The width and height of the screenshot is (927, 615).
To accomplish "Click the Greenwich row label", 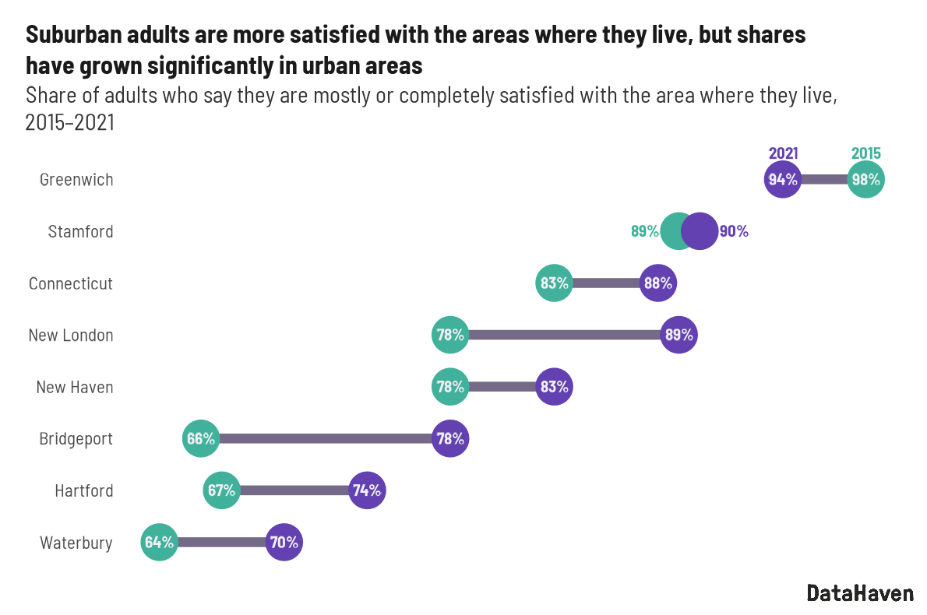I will tap(76, 180).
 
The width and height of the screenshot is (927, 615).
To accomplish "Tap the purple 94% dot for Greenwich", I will tap(783, 180).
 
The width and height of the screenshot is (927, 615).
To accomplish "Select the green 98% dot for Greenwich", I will tap(865, 180).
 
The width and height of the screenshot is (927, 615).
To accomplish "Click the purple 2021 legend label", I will tap(783, 154).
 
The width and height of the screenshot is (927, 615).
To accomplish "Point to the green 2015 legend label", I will tap(865, 154).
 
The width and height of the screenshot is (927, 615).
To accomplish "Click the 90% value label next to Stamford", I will tap(734, 231).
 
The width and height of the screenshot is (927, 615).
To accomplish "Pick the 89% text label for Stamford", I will tap(644, 231).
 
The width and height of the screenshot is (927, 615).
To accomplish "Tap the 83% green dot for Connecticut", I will tap(554, 283).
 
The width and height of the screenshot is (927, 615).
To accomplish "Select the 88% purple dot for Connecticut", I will tap(657, 283).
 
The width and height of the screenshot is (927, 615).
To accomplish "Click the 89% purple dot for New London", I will tap(679, 335).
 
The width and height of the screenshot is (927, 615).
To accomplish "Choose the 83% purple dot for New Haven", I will tap(554, 387).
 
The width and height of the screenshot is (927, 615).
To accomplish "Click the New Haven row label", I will tap(75, 387).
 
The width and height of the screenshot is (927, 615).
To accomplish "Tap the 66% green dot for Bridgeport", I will tap(200, 439).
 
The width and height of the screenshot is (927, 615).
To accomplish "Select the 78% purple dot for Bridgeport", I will tap(450, 439).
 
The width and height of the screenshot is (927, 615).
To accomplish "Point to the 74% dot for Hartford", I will tap(367, 490).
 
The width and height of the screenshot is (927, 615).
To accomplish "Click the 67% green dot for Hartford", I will tap(221, 490).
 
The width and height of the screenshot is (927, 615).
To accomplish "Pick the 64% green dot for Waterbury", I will tap(159, 543).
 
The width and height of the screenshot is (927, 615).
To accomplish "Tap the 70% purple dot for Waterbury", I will tap(284, 543).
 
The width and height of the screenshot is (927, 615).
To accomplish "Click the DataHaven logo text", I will tap(860, 593).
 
